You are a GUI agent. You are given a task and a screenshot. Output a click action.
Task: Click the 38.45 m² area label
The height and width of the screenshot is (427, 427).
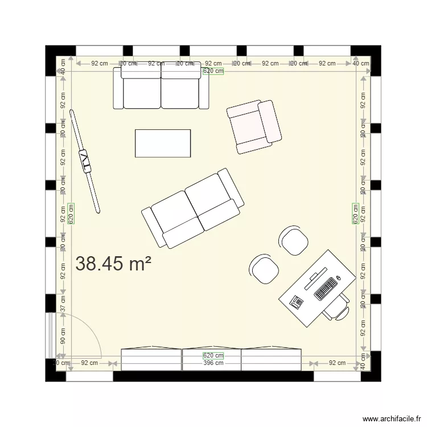[x=113, y=264]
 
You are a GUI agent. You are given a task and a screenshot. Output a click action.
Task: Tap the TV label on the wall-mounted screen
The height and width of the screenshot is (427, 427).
[x=85, y=162]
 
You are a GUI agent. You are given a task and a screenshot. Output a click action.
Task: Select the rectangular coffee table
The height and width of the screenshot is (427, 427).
[x=162, y=143]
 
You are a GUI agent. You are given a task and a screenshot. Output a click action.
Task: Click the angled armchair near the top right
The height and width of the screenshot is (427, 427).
[x=254, y=126]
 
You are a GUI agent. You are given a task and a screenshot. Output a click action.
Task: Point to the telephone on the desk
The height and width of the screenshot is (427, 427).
[x=297, y=302]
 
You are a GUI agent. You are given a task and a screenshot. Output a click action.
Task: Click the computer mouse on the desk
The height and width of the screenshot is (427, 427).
[x=338, y=278]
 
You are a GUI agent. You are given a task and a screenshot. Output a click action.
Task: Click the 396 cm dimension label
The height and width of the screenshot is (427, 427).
[x=213, y=363]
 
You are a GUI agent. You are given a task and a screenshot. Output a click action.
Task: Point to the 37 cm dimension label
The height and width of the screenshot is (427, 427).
[x=63, y=304]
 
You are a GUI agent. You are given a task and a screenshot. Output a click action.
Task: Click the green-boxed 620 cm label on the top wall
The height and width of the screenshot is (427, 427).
[x=213, y=71]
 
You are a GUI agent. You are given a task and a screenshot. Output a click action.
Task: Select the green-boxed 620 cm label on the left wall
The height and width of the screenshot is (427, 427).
[x=71, y=213]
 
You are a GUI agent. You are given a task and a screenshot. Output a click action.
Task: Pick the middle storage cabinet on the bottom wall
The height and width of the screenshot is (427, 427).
[x=211, y=359]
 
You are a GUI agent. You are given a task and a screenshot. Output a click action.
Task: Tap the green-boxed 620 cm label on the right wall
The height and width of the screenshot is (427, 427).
[x=356, y=213]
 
